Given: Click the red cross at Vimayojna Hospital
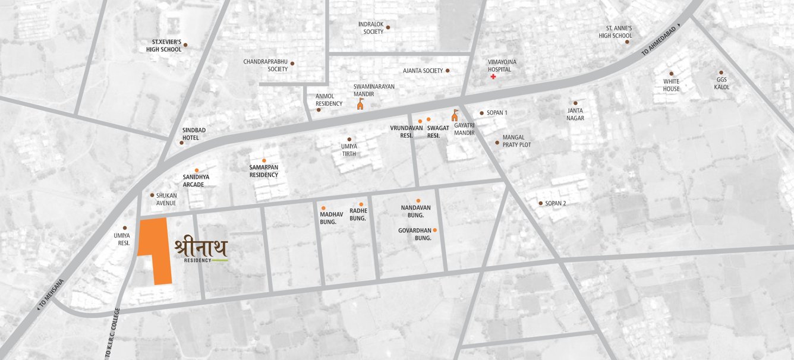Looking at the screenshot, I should click(493, 78).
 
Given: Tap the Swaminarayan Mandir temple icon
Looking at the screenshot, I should click(360, 105).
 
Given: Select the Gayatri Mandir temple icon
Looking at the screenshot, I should click(455, 115).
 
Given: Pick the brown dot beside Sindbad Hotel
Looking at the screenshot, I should click(182, 143).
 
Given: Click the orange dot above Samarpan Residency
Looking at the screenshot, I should click(264, 160).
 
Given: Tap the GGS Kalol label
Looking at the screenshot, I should click(722, 83).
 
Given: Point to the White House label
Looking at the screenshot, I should click(671, 85).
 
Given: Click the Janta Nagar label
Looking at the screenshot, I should click(575, 114).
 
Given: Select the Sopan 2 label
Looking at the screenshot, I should click(556, 203).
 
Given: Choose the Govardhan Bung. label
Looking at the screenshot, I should click(414, 233).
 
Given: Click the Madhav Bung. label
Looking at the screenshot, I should click(328, 218).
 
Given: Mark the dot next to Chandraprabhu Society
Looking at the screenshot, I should click(292, 63).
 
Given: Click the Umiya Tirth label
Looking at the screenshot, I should click(349, 150).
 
